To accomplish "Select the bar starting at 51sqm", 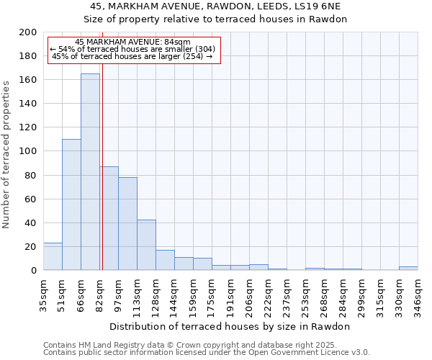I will [x=71, y=204].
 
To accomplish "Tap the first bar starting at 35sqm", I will [x=53, y=256].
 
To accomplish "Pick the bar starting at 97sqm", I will [x=127, y=223].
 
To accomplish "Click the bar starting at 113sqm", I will [x=146, y=245].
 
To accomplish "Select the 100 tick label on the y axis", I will [x=28, y=151].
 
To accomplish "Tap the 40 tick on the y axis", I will [x=31, y=222].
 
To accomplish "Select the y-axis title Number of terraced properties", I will [x=7, y=155].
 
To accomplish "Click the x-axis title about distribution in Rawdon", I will [x=230, y=326].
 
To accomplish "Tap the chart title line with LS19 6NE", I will [x=215, y=6].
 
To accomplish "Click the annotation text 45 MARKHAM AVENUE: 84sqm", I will [x=132, y=42].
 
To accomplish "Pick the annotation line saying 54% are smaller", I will [x=132, y=49].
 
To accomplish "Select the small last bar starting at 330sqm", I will [x=408, y=268].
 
